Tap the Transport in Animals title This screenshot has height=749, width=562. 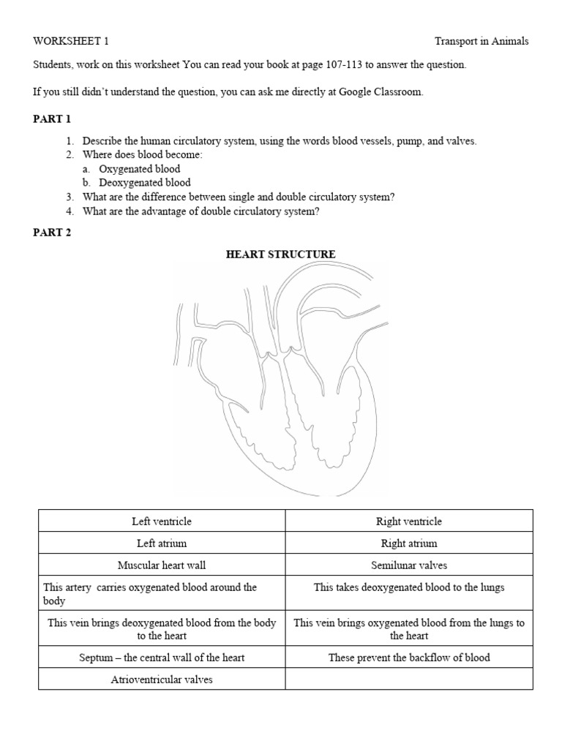pos(482,42)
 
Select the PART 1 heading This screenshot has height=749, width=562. pos(51,119)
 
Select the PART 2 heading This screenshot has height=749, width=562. pos(51,233)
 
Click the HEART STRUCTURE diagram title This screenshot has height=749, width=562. pos(280,255)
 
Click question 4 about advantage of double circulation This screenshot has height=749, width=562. pos(201,211)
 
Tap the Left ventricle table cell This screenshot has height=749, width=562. pos(162,522)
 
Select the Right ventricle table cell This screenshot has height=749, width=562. pos(408,522)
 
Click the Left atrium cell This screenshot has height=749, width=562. pos(162,543)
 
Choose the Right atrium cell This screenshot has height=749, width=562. pos(408,543)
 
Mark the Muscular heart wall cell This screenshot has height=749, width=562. pos(162,565)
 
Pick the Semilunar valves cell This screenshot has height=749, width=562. pos(408,565)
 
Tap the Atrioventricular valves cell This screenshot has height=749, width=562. pos(162,680)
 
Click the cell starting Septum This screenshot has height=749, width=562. pos(162,658)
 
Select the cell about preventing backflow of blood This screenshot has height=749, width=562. pos(408,658)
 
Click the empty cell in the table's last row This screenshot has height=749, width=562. pos(408,680)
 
